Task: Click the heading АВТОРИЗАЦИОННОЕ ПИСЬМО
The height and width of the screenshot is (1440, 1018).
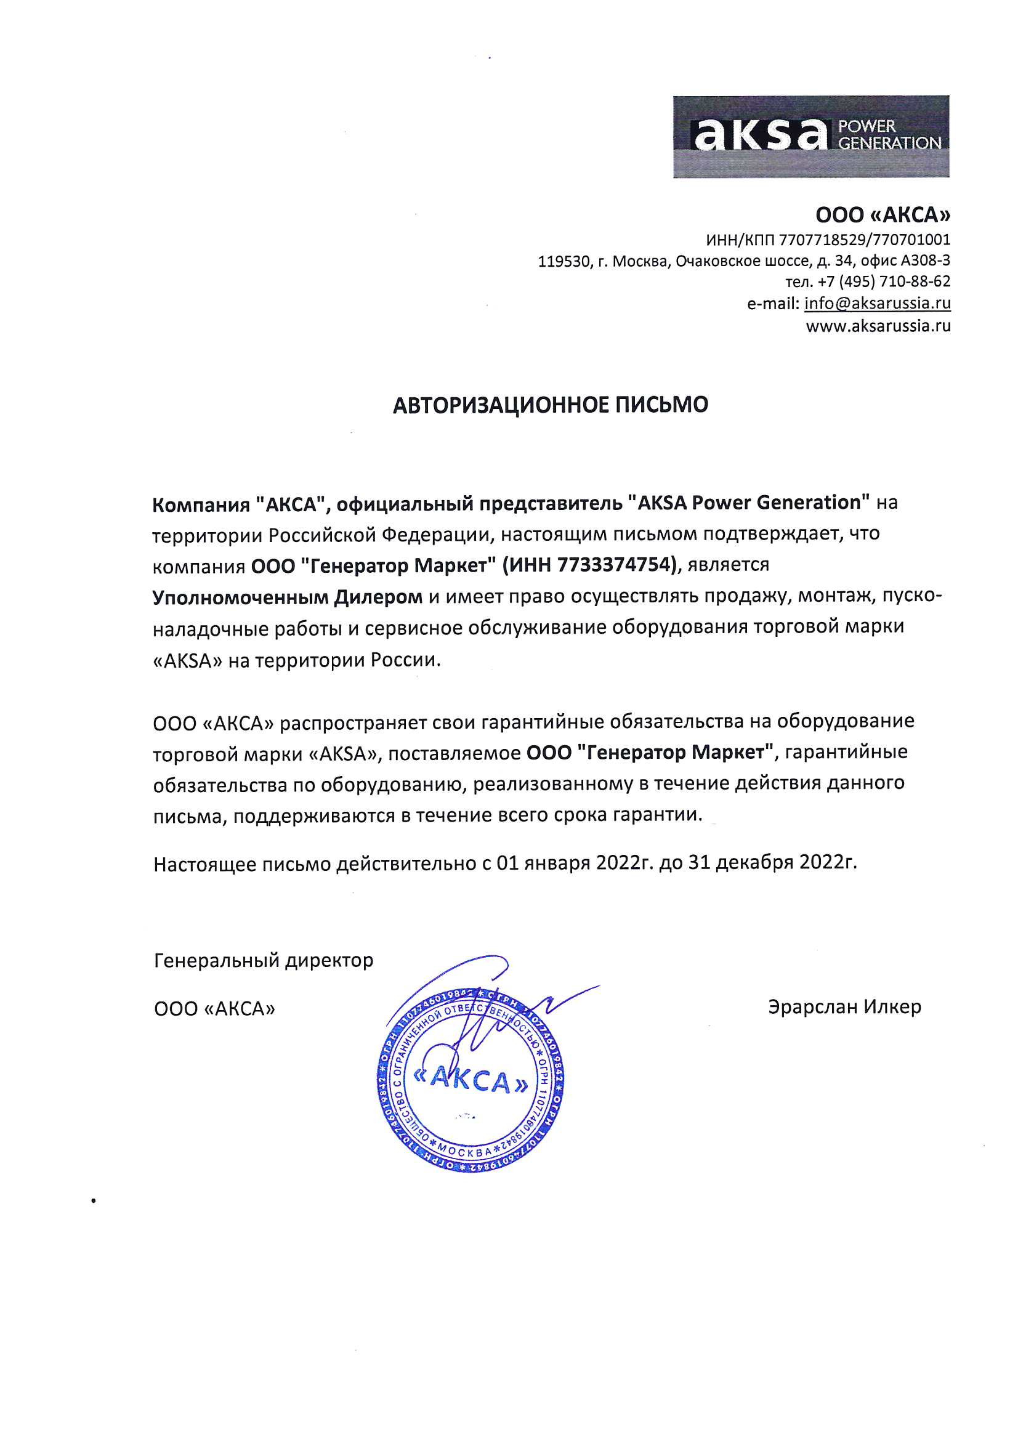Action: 550,405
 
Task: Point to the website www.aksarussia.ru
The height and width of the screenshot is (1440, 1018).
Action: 878,326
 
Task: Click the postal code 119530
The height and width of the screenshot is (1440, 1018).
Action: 564,261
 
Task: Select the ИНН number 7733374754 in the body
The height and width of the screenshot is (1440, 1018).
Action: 616,565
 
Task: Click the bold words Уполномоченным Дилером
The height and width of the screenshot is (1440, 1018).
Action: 287,596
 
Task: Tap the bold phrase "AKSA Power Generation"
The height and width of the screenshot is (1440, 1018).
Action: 749,503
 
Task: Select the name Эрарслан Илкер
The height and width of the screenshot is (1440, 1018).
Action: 844,1007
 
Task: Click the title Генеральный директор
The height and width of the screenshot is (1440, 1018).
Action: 264,960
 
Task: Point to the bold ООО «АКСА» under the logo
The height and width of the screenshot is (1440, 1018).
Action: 883,215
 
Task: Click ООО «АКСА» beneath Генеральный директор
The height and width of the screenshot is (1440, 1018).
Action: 214,1008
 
